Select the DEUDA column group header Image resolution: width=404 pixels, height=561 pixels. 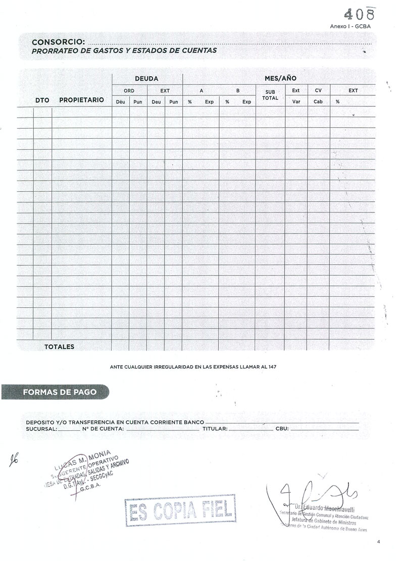point(146,79)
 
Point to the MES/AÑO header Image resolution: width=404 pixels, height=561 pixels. point(280,79)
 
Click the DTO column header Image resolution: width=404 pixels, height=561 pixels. point(42,100)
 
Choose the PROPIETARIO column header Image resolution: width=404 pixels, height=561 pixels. point(81,100)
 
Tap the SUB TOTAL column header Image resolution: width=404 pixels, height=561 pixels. point(270,95)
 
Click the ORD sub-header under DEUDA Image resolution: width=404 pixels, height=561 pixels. point(129,91)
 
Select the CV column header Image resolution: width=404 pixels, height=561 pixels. point(318,91)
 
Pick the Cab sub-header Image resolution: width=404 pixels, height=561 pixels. point(318,102)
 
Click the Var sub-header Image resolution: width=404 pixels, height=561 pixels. point(296,102)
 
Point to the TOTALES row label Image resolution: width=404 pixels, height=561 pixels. point(59,347)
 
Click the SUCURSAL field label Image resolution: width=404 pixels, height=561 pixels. point(41,429)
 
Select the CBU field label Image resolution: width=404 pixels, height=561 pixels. point(282,429)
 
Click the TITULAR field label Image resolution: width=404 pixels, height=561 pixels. point(214,429)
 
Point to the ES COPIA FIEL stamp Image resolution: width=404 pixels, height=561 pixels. point(180,511)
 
